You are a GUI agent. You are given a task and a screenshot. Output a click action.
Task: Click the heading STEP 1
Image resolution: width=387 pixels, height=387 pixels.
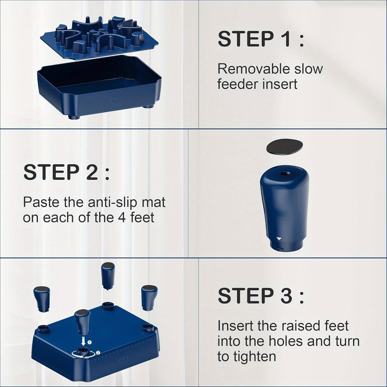pyautogui.click(x=261, y=39)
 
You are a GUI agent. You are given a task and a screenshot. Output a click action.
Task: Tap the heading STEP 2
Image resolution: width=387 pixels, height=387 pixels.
pyautogui.click(x=66, y=172)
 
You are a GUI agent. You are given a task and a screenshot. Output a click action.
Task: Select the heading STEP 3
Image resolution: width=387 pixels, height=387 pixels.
pyautogui.click(x=261, y=296)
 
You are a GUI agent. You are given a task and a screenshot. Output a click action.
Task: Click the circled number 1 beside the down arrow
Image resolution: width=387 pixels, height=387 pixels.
pyautogui.click(x=90, y=342)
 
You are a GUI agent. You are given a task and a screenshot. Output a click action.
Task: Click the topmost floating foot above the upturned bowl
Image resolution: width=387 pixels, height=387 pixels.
pyautogui.click(x=107, y=275)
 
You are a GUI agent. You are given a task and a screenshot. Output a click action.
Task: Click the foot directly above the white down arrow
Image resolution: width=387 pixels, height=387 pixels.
pyautogui.click(x=82, y=322)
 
